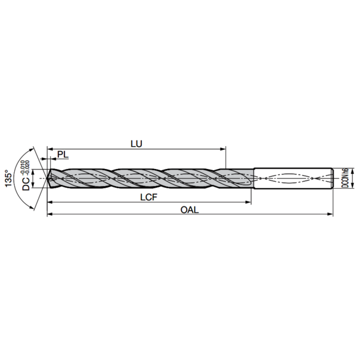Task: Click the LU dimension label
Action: (x=136, y=144)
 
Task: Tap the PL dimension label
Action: (x=63, y=155)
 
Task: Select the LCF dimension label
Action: (x=149, y=197)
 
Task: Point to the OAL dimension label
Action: (x=190, y=209)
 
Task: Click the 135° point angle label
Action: (x=9, y=178)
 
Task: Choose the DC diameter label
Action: (x=26, y=184)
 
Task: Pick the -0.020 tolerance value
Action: (x=27, y=168)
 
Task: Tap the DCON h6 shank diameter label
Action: (x=345, y=178)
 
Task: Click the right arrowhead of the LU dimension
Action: (x=223, y=149)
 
